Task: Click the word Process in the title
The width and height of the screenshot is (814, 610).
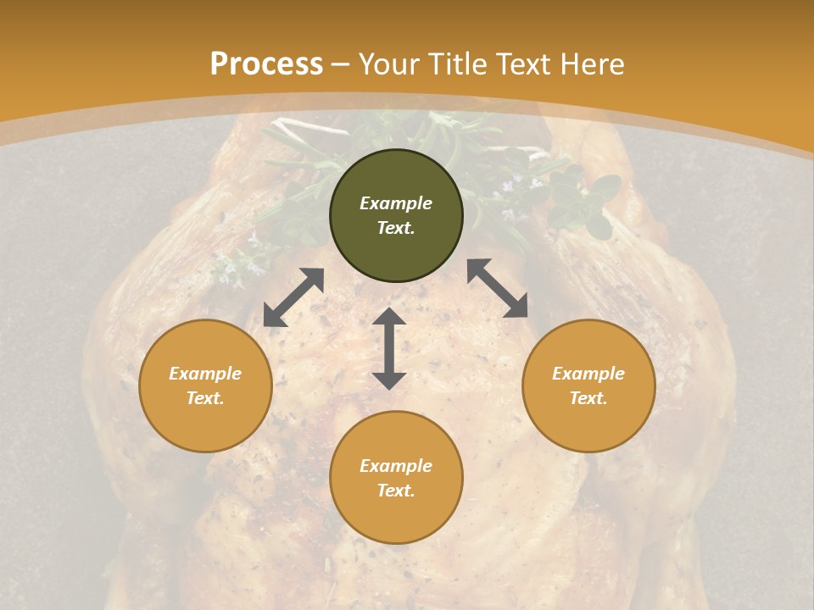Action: (266, 64)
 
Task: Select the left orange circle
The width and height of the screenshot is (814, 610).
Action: (205, 424)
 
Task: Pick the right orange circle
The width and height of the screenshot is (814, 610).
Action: (588, 424)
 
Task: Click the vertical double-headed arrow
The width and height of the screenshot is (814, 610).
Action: (389, 348)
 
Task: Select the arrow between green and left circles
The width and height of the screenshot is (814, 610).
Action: (293, 297)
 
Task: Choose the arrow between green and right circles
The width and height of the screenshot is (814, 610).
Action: (498, 288)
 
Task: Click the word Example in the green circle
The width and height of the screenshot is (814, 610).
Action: (396, 203)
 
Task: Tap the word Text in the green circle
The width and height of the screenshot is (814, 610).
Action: (396, 228)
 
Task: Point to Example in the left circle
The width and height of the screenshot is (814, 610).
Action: (205, 374)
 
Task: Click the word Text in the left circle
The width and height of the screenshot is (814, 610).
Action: (205, 398)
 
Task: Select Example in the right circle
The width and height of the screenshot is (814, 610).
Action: (588, 374)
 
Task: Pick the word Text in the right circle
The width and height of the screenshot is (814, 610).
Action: (588, 398)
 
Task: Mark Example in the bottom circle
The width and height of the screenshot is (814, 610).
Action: (396, 466)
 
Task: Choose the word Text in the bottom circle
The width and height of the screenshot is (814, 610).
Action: (396, 491)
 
